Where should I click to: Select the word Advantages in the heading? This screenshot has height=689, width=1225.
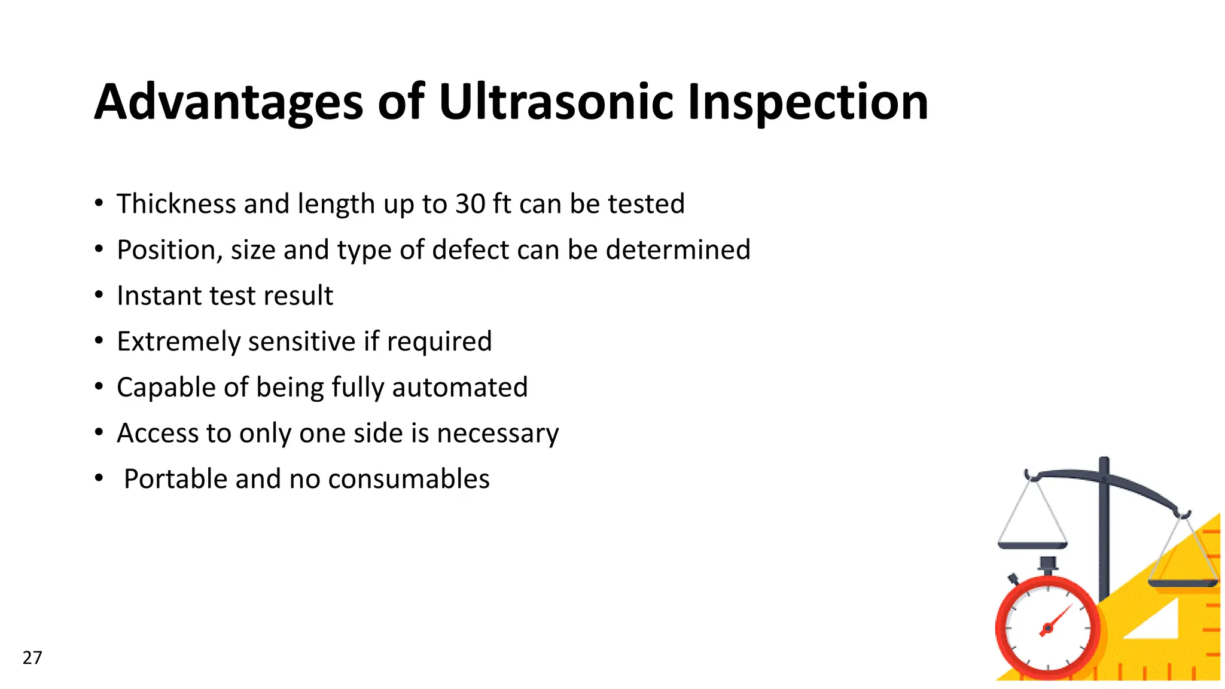(228, 103)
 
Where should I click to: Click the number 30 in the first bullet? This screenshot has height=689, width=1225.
(470, 204)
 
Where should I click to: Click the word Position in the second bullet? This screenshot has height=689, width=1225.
(167, 250)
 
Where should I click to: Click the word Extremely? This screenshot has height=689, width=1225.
(178, 342)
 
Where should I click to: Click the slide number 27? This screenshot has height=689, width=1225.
(32, 658)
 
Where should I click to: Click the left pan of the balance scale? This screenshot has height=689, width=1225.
(1032, 545)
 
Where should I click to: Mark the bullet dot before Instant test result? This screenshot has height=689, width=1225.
(99, 295)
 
